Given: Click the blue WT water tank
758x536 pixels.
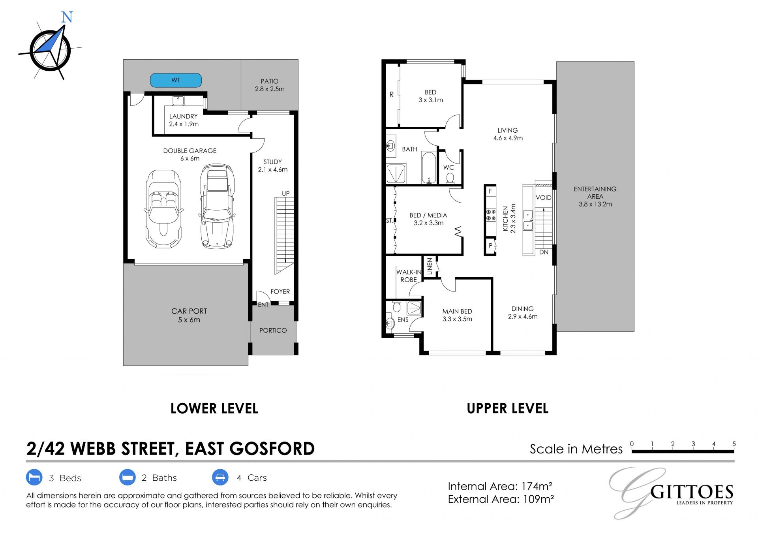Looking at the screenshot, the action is pyautogui.click(x=176, y=80).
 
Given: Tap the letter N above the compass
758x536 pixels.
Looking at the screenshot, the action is pyautogui.click(x=67, y=17).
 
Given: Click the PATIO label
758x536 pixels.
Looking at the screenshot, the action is pyautogui.click(x=270, y=81).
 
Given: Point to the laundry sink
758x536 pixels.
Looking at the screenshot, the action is pyautogui.click(x=178, y=100).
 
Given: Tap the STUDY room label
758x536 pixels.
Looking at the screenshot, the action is pyautogui.click(x=273, y=162).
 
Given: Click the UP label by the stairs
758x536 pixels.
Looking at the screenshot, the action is pyautogui.click(x=286, y=194).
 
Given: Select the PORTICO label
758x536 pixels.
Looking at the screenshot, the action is pyautogui.click(x=273, y=330).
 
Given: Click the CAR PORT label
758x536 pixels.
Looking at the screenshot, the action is pyautogui.click(x=189, y=311).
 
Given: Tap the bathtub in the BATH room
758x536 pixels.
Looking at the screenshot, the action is pyautogui.click(x=429, y=167).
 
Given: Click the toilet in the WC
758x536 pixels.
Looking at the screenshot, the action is pyautogui.click(x=450, y=179).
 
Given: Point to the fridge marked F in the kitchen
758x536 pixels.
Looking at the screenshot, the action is pyautogui.click(x=490, y=191).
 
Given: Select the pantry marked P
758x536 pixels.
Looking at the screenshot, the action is pyautogui.click(x=490, y=246).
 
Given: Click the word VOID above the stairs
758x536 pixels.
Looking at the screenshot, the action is pyautogui.click(x=544, y=197).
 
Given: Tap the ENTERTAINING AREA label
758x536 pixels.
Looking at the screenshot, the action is pyautogui.click(x=595, y=193).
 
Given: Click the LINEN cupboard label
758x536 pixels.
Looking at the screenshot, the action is pyautogui.click(x=430, y=267).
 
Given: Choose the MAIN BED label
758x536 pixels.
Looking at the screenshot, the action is pyautogui.click(x=457, y=311).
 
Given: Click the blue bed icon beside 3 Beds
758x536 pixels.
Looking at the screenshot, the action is pyautogui.click(x=34, y=478).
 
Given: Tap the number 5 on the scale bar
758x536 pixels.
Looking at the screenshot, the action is pyautogui.click(x=734, y=444).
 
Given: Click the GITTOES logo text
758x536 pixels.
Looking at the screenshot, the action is pyautogui.click(x=692, y=493).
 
